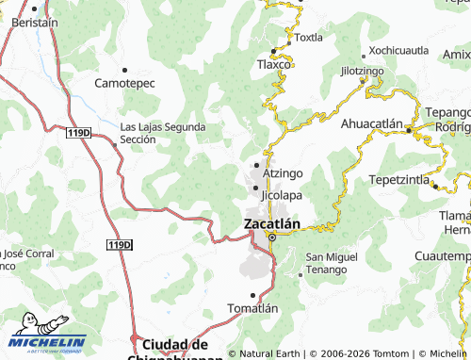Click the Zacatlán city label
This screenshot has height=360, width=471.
(272, 224)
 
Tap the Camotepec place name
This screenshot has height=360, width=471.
(124, 83)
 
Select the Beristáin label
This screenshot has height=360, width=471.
(32, 21)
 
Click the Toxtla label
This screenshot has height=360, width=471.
(308, 39)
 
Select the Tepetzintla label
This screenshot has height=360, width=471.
(399, 178)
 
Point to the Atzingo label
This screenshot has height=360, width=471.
(284, 174)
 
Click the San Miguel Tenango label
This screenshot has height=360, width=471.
(331, 264)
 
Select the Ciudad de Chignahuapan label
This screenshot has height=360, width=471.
(175, 350)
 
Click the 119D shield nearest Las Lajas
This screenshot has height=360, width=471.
(80, 134)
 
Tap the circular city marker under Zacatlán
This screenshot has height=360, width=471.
(271, 237)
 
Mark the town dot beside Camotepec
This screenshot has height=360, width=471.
(124, 69)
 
